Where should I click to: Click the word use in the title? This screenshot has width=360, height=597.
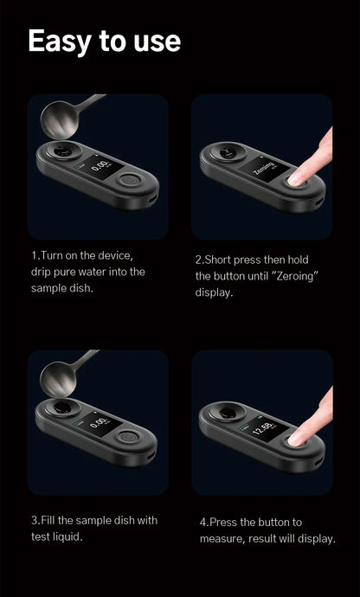point(152,41)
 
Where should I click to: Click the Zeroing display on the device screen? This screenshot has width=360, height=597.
point(264,168)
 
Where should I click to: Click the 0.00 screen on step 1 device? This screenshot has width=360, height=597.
point(100,165)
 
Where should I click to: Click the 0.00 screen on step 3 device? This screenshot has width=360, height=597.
point(100,421)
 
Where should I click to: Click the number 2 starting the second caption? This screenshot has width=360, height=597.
point(198,260)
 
